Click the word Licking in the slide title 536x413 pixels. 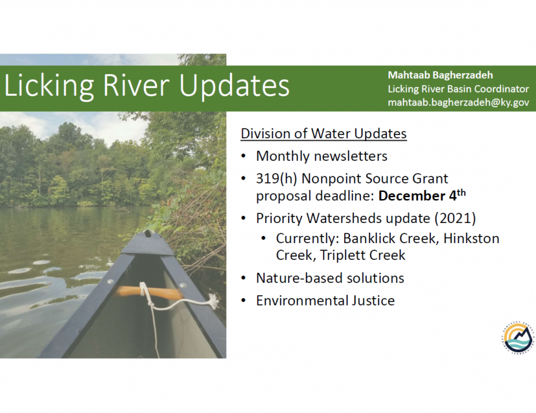click(x=48, y=86)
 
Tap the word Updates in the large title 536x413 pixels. click(x=234, y=86)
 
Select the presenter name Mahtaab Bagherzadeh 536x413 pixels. click(x=440, y=76)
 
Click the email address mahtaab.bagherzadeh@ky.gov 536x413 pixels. click(x=459, y=102)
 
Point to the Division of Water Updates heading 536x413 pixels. click(x=324, y=133)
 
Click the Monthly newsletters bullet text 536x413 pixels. click(x=322, y=156)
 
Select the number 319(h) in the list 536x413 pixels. click(x=276, y=178)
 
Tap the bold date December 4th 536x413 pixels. click(x=422, y=195)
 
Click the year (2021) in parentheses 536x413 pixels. click(x=455, y=218)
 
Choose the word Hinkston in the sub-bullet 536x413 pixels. click(x=471, y=238)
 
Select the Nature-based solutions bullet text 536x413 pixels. click(x=330, y=278)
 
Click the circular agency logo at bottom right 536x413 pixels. click(x=519, y=338)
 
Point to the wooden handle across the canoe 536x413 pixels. click(x=149, y=293)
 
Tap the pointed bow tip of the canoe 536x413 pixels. click(x=149, y=234)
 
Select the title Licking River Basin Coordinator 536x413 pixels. click(x=458, y=89)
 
